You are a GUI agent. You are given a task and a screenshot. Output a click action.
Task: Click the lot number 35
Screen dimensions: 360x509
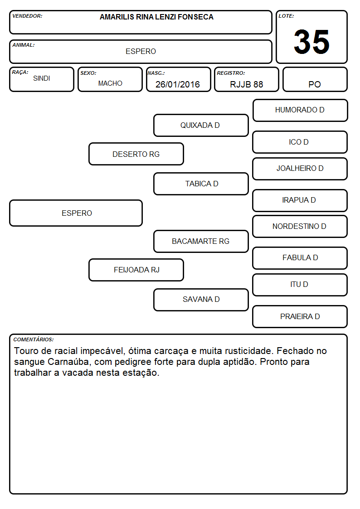(311, 42)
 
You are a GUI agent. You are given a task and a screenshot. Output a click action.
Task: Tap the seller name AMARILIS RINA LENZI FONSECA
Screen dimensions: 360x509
(156, 17)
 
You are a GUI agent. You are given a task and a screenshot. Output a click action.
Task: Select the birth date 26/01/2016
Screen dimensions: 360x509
(178, 84)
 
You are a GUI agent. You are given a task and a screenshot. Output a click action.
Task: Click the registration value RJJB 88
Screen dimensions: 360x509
(246, 84)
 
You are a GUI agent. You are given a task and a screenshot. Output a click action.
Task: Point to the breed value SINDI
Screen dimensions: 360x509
(42, 78)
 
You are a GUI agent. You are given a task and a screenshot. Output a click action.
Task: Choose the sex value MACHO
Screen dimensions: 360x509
(110, 83)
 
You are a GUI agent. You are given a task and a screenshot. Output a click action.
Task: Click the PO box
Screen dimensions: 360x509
(315, 79)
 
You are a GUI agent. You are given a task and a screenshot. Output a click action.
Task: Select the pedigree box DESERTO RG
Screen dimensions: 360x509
(136, 154)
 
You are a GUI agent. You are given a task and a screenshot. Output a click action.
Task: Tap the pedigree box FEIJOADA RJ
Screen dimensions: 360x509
(136, 270)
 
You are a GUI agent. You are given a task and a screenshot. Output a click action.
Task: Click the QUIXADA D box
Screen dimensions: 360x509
(201, 125)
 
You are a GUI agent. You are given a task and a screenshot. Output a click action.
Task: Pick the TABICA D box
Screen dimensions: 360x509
(201, 184)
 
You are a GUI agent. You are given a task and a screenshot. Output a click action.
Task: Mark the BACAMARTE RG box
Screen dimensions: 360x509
(201, 241)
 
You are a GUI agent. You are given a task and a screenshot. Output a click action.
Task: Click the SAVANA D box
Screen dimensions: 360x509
(201, 300)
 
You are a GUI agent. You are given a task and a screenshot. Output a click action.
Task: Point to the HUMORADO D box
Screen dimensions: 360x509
(300, 111)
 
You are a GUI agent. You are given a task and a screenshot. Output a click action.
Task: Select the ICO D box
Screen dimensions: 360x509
(300, 142)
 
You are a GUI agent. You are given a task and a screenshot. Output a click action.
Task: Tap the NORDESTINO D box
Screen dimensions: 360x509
(300, 226)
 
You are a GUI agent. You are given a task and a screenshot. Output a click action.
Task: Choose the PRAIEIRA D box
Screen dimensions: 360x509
(300, 316)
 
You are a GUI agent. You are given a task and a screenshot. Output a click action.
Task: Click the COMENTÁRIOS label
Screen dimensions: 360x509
(34, 339)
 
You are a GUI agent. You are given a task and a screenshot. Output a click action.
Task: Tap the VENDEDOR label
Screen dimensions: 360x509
(27, 16)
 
